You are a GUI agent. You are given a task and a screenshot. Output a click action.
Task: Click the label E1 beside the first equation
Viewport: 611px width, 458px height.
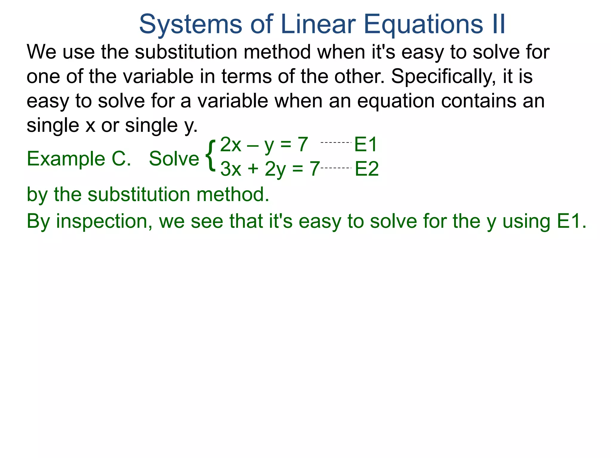(x=365, y=145)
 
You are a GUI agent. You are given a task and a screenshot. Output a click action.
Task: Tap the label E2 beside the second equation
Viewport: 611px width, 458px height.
(x=367, y=169)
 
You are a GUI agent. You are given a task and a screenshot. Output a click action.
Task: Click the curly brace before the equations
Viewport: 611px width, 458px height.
(x=211, y=156)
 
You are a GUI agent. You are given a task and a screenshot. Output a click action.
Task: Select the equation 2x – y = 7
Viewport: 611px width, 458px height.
(x=264, y=145)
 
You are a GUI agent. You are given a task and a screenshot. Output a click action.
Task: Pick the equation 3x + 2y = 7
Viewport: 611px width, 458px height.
(x=270, y=169)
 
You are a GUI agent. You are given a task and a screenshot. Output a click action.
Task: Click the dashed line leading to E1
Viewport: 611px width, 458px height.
(x=336, y=143)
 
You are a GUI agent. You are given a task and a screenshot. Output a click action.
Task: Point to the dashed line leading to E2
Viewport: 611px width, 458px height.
(x=336, y=168)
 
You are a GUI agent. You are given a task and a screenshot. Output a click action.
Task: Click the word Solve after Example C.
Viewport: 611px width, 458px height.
(x=174, y=159)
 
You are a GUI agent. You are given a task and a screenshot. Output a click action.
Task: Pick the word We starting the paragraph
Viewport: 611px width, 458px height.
(x=41, y=52)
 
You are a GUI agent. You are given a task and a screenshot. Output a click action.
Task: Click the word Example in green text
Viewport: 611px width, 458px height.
(x=66, y=159)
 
